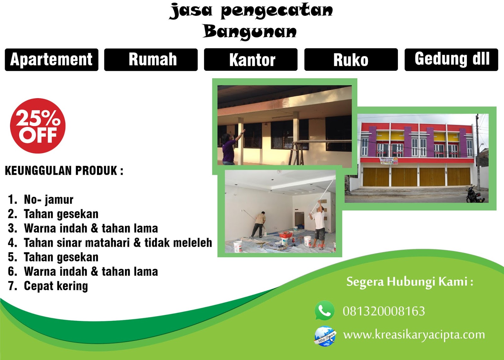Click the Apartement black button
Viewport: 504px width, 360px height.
point(51,60)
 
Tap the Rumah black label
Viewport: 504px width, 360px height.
point(151,60)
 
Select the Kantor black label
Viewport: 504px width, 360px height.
point(251,60)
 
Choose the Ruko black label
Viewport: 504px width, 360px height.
point(351,60)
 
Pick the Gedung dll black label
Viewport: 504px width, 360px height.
point(451,60)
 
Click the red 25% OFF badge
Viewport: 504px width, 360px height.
point(38,126)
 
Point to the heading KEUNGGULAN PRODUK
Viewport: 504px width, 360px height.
point(64,171)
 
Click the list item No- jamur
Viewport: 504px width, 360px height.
point(48,199)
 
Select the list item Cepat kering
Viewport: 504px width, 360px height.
point(55,286)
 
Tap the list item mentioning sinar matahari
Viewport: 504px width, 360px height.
point(117,243)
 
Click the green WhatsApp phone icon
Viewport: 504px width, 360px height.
point(324,311)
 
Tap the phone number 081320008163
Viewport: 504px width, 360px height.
point(384,311)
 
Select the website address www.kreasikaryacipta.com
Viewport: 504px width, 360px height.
point(414,335)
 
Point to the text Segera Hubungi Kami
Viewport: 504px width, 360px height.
point(409,282)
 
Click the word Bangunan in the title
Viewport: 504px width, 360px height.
point(250,32)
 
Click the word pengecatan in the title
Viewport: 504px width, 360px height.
point(276,11)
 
